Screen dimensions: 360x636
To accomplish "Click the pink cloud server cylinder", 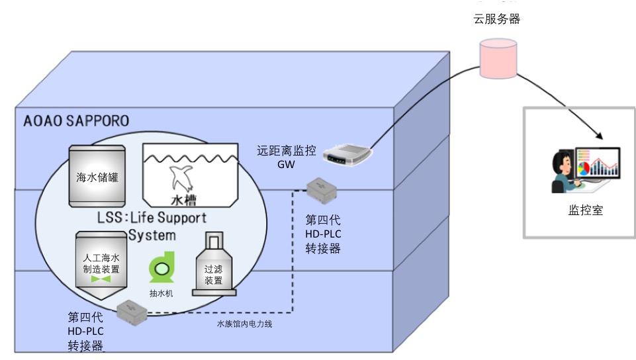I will pos(497,58).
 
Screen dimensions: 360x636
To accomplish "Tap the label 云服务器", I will pos(496,19).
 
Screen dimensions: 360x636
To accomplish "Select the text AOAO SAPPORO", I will pos(76,121).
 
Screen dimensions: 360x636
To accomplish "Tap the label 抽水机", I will pos(161,292).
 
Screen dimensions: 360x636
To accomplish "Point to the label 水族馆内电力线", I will pos(245,324).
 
